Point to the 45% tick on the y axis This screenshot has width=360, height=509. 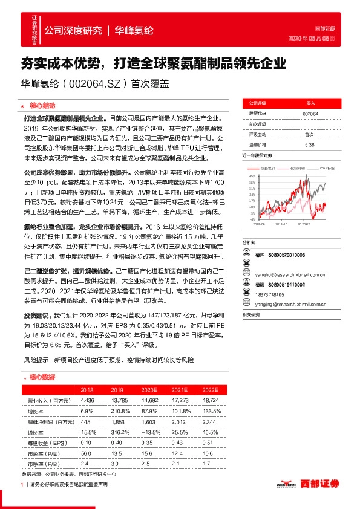pos(252,176)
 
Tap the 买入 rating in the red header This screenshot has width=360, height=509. pos(310,103)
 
